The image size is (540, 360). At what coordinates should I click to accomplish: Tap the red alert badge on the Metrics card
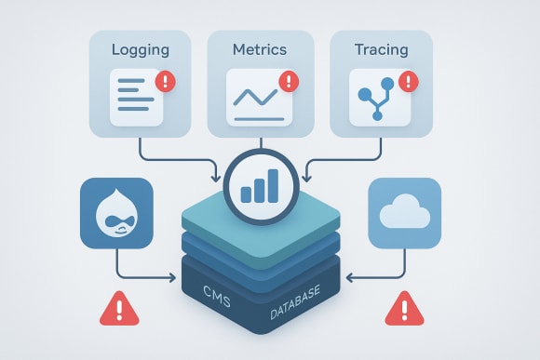(x=287, y=82)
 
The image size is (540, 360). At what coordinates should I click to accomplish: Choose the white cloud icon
(x=405, y=213)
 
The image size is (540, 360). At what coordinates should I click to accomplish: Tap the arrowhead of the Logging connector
(x=218, y=175)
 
